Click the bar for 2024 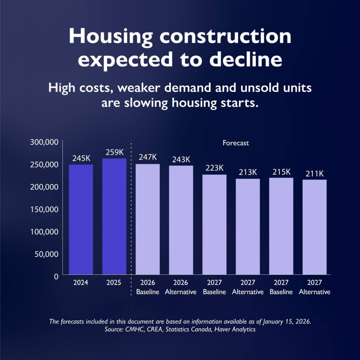[x=81, y=219]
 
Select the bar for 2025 [x=114, y=217]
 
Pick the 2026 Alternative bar [x=181, y=220]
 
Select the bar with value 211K [x=314, y=227]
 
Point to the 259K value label [x=115, y=153]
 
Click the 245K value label [x=81, y=159]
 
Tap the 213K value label [x=248, y=173]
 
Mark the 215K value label [x=281, y=172]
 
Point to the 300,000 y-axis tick [x=45, y=142]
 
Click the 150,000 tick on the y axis [x=45, y=209]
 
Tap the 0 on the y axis [x=56, y=276]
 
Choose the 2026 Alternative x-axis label [x=181, y=288]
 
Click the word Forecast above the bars [x=236, y=143]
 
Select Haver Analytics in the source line [x=236, y=330]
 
